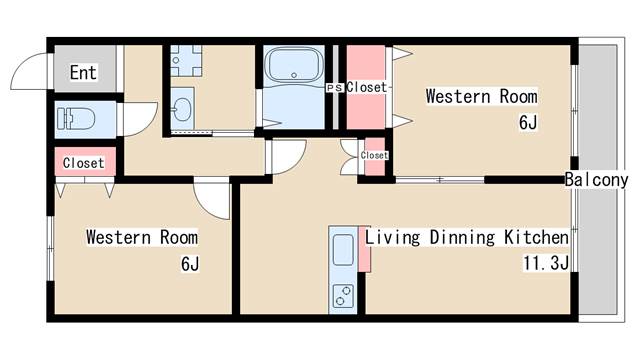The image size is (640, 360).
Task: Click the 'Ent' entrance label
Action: point(83,73)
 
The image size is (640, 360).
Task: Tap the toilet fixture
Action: point(76,118)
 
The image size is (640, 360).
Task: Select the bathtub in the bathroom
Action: point(294,64)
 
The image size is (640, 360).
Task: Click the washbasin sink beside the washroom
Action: point(182,109)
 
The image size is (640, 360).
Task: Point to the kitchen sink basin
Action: point(343,250)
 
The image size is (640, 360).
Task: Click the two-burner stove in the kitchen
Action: point(343,296)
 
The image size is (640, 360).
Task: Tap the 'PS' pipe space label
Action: point(335,88)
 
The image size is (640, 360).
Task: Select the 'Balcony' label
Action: point(596,180)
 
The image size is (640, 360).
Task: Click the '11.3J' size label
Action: point(546,263)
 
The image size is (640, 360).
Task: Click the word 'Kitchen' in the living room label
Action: point(536,237)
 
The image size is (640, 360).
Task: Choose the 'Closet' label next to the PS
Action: point(366,87)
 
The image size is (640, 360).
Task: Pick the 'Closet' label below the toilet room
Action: point(84,163)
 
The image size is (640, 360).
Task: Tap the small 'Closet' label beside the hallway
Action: point(374,156)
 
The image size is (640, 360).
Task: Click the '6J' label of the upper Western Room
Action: point(528,122)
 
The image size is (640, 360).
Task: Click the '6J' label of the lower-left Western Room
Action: point(190,264)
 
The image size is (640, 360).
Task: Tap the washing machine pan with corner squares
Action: point(186,60)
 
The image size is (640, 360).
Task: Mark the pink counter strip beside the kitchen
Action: point(364,249)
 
